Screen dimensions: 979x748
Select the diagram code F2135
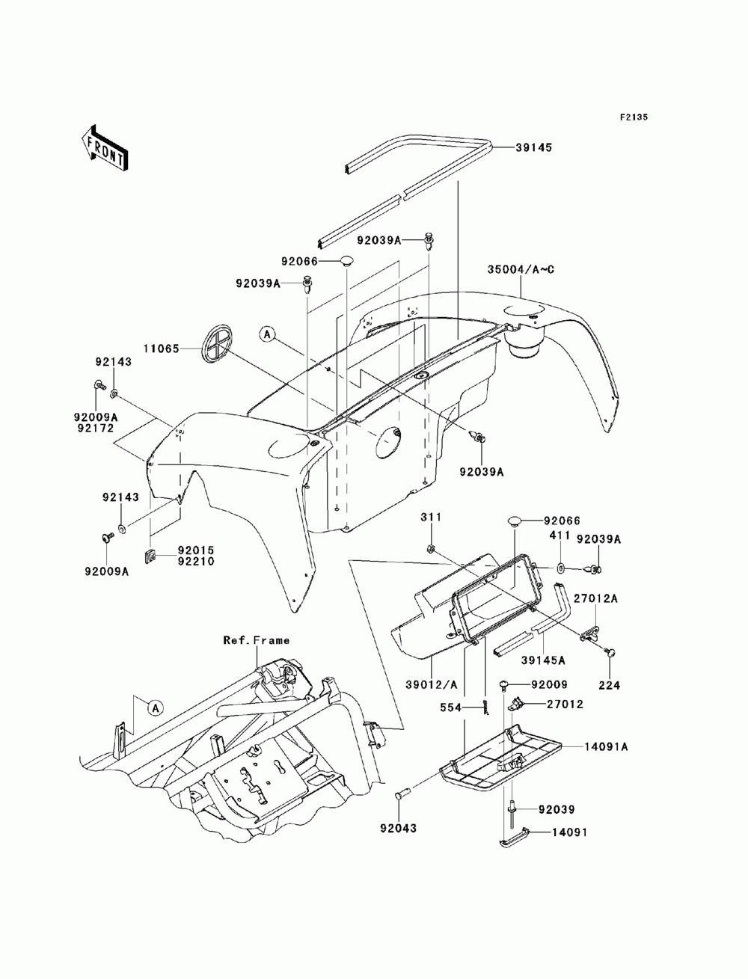633,117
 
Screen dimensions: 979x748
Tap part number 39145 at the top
533,148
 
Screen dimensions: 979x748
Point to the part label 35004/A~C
521,269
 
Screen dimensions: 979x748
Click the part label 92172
95,429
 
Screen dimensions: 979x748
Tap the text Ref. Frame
256,640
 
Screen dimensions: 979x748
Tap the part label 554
469,707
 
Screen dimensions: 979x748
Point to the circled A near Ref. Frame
154,706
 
